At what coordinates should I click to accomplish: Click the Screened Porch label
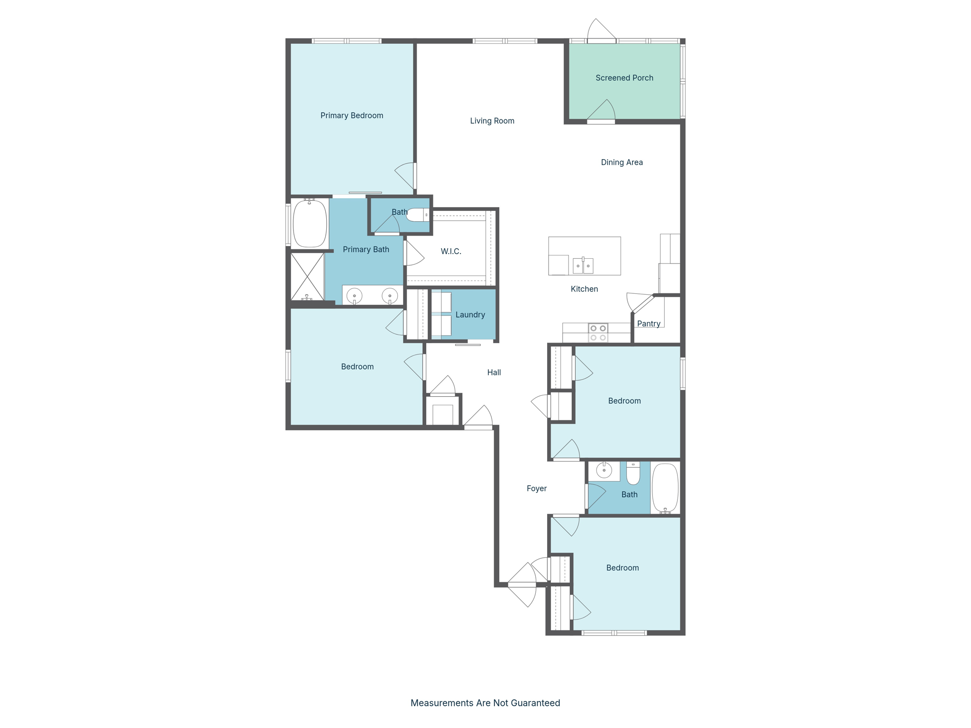click(624, 78)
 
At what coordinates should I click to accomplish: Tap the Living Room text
click(492, 121)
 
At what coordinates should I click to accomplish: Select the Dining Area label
click(622, 162)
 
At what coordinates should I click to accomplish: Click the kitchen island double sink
click(583, 265)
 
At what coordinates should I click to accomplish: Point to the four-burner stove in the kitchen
click(598, 333)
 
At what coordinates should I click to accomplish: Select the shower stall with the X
click(307, 276)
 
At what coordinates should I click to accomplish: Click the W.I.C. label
click(450, 251)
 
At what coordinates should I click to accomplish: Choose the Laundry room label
click(470, 315)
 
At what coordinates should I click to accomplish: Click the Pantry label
click(648, 324)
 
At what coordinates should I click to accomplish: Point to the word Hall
click(494, 373)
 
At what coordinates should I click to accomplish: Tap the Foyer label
click(536, 489)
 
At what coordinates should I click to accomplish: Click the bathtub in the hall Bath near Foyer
click(665, 488)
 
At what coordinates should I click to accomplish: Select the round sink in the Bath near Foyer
click(604, 471)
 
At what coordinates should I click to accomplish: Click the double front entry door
click(522, 585)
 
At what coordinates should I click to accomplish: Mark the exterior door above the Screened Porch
click(601, 33)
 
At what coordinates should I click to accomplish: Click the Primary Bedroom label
click(351, 116)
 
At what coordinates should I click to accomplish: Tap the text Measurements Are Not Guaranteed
click(485, 703)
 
